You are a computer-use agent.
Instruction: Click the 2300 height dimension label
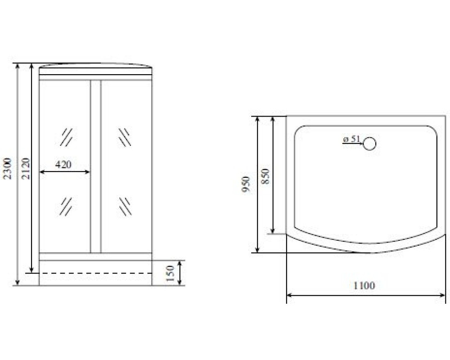7,168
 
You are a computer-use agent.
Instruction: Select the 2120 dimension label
26,168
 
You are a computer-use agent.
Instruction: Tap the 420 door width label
63,165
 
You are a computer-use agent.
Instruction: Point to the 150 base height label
170,273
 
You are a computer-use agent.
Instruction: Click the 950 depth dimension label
246,184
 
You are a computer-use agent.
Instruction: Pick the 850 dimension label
265,176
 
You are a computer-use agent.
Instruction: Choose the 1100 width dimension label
364,285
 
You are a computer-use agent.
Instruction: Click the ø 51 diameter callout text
351,139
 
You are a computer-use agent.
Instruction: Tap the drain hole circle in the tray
369,144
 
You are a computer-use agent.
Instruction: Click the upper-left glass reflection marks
67,137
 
